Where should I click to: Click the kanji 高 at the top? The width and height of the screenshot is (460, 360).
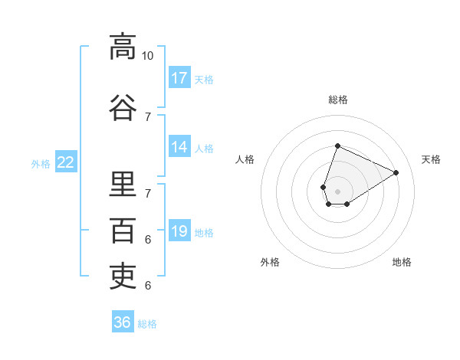[x=123, y=47]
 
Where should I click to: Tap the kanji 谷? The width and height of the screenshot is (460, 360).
[x=123, y=107]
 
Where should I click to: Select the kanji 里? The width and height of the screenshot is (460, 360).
[x=123, y=184]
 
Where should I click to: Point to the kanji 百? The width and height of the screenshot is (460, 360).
[x=123, y=231]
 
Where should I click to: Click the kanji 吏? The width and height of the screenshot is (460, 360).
[x=123, y=276]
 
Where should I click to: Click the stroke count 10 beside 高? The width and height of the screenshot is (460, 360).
[x=147, y=56]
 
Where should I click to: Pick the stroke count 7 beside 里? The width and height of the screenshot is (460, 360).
[x=148, y=194]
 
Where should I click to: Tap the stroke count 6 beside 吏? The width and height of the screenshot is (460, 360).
[x=148, y=286]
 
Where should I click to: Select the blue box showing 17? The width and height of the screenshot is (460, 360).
[x=179, y=77]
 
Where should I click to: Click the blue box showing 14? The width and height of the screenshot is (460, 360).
[x=179, y=146]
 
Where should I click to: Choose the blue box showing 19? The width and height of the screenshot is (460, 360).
[x=179, y=230]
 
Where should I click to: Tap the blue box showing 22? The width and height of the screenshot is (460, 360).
[x=66, y=162]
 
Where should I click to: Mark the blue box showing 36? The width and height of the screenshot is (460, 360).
[x=123, y=321]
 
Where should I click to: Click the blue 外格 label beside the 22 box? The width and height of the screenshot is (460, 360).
[x=41, y=164]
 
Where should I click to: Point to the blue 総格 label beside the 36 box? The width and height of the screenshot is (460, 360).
[x=147, y=324]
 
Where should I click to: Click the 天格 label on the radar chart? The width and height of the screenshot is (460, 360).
[x=431, y=159]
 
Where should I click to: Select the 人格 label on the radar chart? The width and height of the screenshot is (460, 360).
[x=245, y=159]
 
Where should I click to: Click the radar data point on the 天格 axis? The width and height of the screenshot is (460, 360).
[x=396, y=172]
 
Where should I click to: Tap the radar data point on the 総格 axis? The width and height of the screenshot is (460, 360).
[x=337, y=146]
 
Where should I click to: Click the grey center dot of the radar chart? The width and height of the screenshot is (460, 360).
[x=337, y=191]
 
